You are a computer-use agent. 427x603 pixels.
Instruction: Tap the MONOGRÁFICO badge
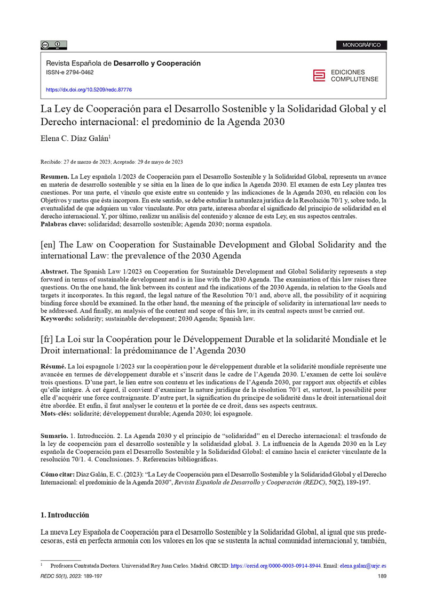pos(361,45)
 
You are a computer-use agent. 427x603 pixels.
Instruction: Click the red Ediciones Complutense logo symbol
pos(319,76)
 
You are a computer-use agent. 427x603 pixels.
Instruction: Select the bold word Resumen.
pos(54,175)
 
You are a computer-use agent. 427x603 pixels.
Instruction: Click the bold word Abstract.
pos(56,272)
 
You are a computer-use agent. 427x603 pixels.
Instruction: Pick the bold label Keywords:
pos(58,319)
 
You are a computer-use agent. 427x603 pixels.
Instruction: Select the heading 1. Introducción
pos(65,515)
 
